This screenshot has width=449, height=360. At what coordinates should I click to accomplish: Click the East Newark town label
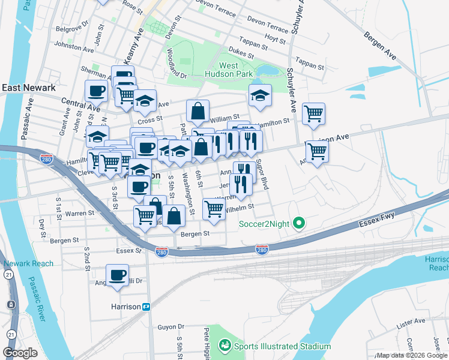click(x=29, y=88)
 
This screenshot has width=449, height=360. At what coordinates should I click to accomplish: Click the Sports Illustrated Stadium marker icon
click(x=224, y=346)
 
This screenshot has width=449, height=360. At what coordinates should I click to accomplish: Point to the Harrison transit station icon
click(x=146, y=307)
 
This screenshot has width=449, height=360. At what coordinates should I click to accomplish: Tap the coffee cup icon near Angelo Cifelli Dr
click(x=118, y=275)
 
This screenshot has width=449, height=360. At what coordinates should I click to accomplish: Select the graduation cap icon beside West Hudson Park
click(x=260, y=95)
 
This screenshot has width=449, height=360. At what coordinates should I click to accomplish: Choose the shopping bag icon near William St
click(x=197, y=110)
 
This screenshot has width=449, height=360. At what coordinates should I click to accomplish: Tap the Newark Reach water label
click(x=28, y=263)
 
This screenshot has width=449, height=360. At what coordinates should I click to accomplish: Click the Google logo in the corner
click(x=20, y=353)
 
